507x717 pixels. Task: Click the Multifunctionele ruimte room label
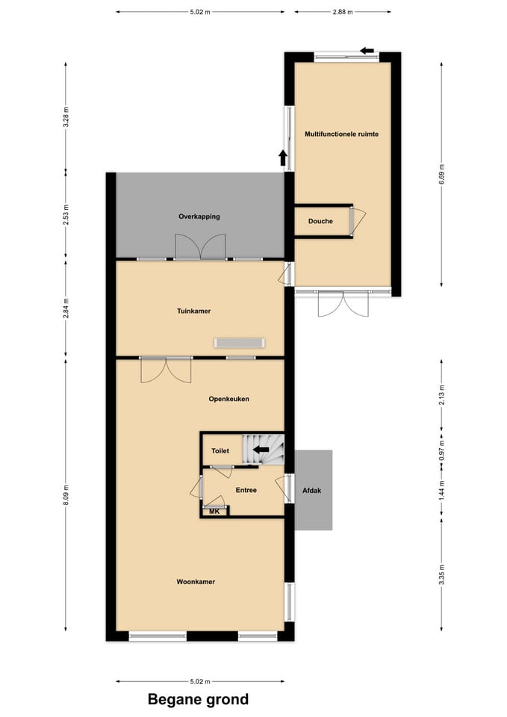click(x=341, y=134)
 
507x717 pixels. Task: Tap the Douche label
click(x=320, y=221)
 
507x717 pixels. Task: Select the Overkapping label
click(x=199, y=217)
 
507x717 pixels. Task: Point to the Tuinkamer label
click(x=194, y=311)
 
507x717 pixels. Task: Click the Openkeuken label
click(x=228, y=399)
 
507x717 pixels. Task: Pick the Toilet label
click(x=220, y=451)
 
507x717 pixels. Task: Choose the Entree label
click(x=246, y=490)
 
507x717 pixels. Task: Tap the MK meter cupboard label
click(x=214, y=512)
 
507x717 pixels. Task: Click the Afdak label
click(x=312, y=491)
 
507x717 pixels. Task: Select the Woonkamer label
click(x=196, y=582)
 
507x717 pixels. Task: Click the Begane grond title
click(x=198, y=699)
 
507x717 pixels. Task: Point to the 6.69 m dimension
click(x=441, y=174)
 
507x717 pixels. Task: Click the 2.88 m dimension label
click(x=343, y=12)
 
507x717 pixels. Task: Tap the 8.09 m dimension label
click(x=66, y=494)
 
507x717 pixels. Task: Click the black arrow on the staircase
click(x=261, y=450)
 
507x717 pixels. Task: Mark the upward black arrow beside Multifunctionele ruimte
click(x=282, y=158)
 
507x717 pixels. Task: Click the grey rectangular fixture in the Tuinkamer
click(x=240, y=343)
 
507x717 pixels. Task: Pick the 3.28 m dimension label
click(x=66, y=117)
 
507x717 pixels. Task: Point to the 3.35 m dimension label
click(x=441, y=575)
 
